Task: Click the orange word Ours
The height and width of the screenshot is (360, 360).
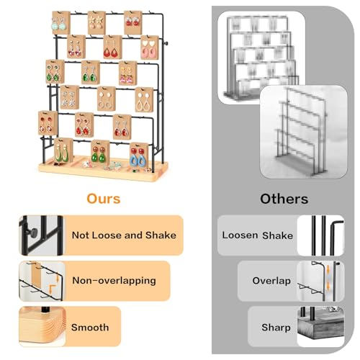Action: (104, 199)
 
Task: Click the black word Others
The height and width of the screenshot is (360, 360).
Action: (284, 199)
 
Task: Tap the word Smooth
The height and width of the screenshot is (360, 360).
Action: (90, 328)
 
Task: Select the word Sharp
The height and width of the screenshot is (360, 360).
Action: (276, 328)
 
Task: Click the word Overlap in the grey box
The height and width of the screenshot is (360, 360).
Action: (271, 281)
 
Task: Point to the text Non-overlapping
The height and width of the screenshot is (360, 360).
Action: (114, 281)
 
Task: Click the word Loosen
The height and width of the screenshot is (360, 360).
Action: (240, 235)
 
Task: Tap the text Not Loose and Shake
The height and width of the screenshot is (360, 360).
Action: (124, 235)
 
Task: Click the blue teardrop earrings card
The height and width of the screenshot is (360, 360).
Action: (139, 156)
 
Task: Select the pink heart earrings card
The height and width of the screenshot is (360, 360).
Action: (150, 48)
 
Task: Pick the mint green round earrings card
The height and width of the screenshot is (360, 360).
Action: (61, 23)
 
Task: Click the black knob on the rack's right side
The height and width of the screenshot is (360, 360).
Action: (166, 43)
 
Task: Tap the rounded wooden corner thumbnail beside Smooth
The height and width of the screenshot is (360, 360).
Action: (42, 326)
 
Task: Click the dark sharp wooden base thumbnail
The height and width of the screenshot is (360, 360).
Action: (320, 326)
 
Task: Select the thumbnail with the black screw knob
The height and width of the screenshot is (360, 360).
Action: (41, 235)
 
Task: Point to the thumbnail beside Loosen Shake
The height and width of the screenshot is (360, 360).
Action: (320, 235)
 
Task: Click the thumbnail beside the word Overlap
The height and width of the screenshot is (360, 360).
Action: (320, 281)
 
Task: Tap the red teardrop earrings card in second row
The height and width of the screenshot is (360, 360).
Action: (112, 47)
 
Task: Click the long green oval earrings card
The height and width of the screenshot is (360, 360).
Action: (63, 150)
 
